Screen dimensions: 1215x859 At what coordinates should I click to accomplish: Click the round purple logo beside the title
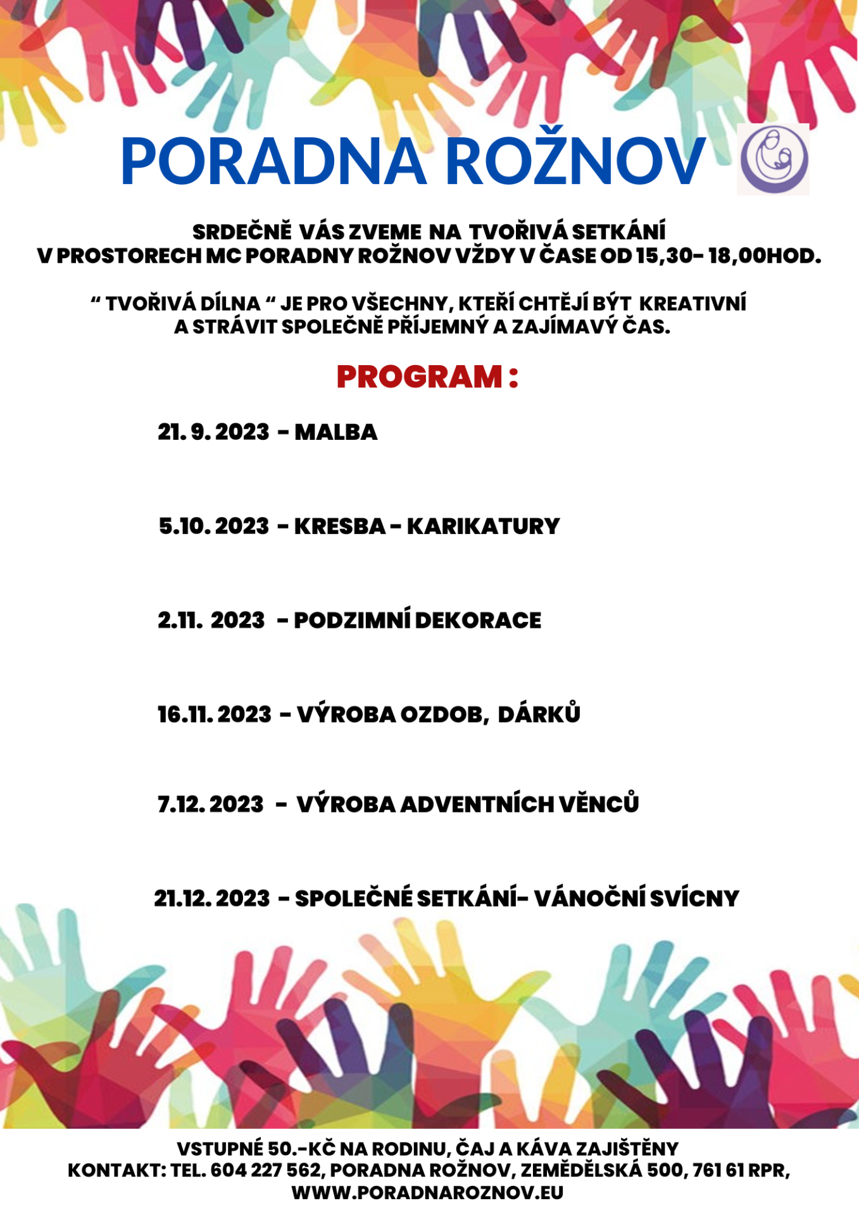(x=774, y=159)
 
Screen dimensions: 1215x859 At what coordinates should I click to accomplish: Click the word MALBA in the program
(x=335, y=432)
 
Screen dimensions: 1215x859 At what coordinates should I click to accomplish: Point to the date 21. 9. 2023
(x=214, y=432)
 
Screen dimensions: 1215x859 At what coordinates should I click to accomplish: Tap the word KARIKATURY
(x=483, y=526)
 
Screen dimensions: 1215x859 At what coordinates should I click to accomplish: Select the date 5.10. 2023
(x=214, y=526)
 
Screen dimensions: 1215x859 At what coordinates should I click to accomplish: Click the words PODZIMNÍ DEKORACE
(x=417, y=620)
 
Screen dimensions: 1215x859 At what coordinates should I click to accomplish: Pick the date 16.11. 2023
(x=215, y=714)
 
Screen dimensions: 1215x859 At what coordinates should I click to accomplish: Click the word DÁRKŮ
(x=539, y=714)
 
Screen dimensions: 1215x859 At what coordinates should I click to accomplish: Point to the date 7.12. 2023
(x=211, y=804)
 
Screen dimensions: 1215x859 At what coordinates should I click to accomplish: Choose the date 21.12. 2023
(x=212, y=899)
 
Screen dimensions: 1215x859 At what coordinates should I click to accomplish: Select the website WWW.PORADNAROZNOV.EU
(x=427, y=1193)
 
